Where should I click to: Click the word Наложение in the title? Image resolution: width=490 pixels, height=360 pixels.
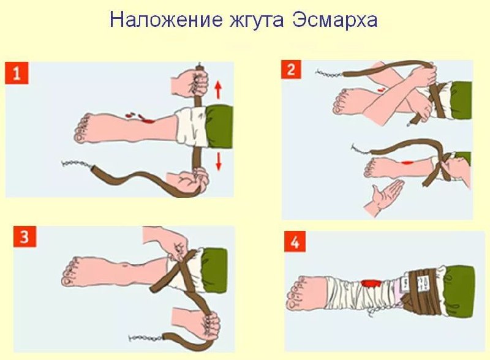coord(166,20)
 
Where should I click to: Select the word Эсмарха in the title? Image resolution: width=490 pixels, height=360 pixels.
coord(334,21)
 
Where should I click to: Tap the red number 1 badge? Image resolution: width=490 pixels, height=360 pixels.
coord(17,73)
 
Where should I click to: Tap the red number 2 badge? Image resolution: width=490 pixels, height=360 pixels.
coord(292,70)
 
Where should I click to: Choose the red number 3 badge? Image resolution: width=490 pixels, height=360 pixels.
coord(24,236)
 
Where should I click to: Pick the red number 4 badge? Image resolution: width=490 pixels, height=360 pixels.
coord(295,242)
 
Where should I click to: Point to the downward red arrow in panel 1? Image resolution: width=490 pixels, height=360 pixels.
coord(219,161)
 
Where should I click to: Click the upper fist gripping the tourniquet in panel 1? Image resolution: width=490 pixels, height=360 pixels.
coord(190,83)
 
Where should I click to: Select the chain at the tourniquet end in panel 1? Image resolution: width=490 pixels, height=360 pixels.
coord(76,164)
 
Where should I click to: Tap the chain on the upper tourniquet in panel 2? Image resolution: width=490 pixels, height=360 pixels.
coord(330,74)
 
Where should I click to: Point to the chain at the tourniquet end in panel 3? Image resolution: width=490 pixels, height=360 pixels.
coord(145,337)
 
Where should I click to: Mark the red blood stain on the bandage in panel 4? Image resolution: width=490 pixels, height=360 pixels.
coord(371,283)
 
